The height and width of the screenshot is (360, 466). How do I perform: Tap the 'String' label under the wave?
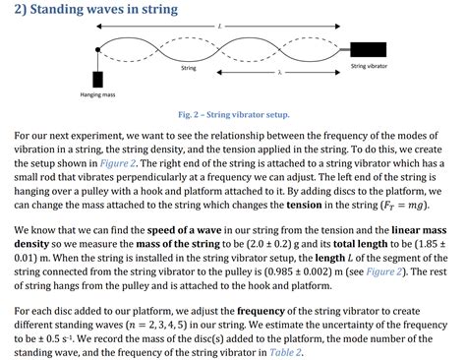point(190,68)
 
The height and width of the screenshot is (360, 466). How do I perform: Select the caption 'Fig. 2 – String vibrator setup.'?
point(234,114)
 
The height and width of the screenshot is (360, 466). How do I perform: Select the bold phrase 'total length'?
point(384,241)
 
